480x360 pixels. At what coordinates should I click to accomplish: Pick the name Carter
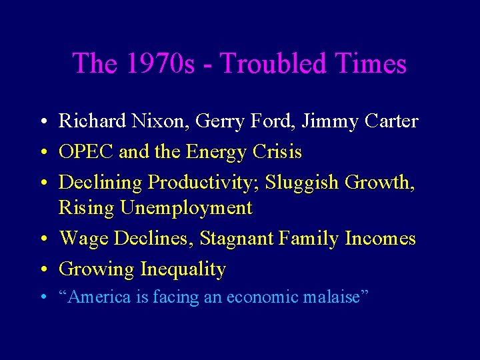coord(389,121)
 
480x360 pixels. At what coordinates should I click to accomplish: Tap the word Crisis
coord(278,152)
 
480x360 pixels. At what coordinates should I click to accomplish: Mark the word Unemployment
coord(186,208)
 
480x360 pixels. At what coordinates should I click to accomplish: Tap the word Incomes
coord(380,238)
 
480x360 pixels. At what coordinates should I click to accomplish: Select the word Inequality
coord(183,269)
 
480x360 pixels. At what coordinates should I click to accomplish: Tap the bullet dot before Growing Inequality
coord(42,270)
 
